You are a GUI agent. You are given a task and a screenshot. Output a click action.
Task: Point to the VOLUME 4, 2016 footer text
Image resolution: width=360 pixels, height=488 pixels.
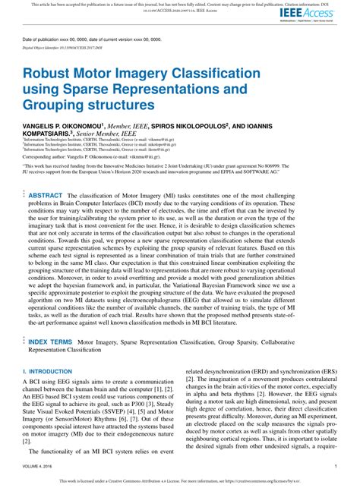point(38,466)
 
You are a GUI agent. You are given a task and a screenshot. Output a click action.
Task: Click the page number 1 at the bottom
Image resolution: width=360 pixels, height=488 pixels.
point(336,466)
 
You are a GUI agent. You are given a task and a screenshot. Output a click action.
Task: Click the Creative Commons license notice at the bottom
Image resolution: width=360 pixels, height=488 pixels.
point(180,480)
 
